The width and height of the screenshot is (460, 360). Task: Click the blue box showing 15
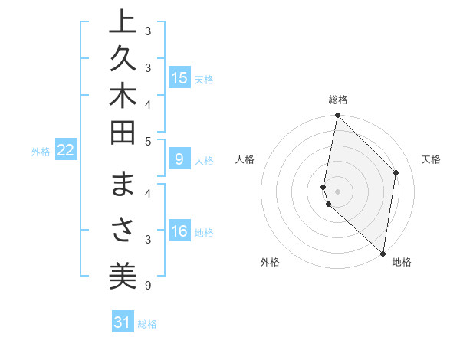click(x=179, y=78)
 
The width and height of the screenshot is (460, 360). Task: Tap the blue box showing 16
click(x=179, y=232)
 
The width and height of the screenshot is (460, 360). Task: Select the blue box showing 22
click(x=66, y=151)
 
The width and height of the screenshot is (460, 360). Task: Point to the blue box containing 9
click(x=179, y=159)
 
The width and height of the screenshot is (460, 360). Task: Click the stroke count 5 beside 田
click(x=148, y=140)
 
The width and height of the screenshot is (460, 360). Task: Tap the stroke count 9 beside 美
click(x=148, y=285)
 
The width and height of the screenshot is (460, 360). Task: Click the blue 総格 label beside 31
click(x=147, y=324)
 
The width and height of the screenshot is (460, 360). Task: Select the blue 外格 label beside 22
click(x=41, y=152)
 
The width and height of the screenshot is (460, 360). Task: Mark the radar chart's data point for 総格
click(x=337, y=116)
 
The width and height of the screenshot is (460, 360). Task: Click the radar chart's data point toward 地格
click(x=383, y=253)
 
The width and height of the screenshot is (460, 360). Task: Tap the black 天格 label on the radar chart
click(x=431, y=159)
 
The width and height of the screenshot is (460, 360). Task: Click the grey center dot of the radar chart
click(x=337, y=191)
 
